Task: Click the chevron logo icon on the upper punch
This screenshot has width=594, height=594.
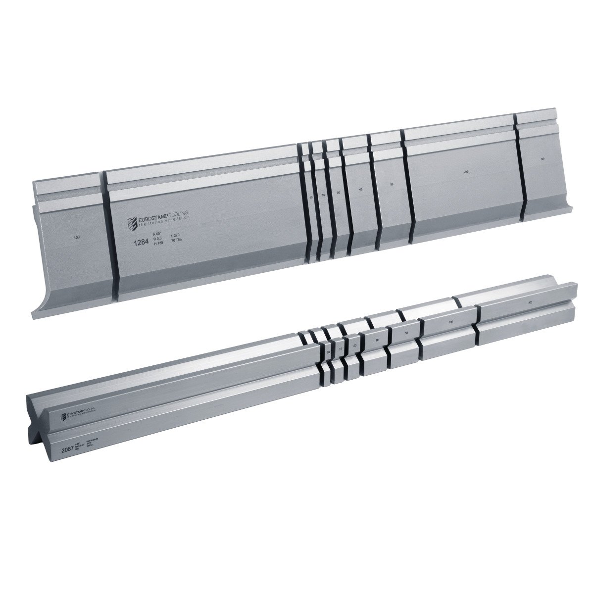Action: pos(132,222)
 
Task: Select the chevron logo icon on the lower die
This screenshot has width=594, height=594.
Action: pos(63,416)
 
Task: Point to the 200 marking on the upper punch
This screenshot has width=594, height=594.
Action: pos(466,172)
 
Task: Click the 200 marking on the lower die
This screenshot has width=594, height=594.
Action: pos(530,302)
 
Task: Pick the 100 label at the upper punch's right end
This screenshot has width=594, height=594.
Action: pos(543,159)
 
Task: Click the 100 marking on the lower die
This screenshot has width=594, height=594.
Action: pos(450,322)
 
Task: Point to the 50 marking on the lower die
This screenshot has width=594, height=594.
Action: pos(406,333)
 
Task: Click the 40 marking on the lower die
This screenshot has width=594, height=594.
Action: pos(377,340)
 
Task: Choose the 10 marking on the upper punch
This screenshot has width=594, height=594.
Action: pos(311,197)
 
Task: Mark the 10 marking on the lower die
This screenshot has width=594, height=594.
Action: pos(329,352)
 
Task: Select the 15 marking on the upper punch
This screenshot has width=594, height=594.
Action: pos(323,196)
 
